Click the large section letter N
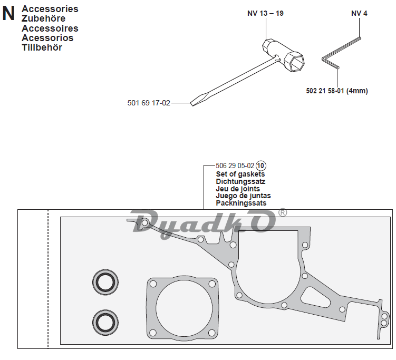tap(8, 14)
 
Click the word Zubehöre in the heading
tap(44, 18)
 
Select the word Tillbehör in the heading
tap(42, 47)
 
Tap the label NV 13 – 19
tap(265, 13)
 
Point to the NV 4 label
tap(359, 13)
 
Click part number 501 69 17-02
tap(149, 103)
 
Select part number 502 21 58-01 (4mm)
tap(336, 91)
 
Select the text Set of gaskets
tap(240, 174)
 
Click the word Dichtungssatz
tap(240, 181)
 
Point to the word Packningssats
tap(241, 203)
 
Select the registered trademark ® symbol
tap(283, 212)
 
